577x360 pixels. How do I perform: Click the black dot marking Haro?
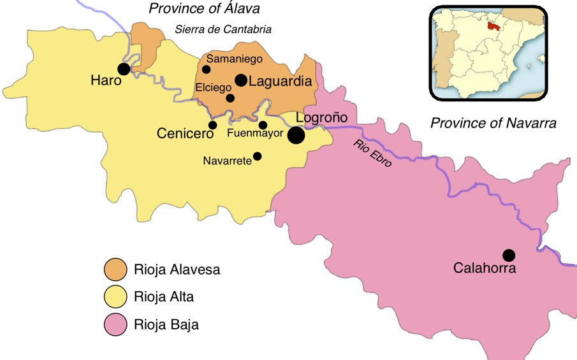(124, 68)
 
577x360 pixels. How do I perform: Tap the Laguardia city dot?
(240, 80)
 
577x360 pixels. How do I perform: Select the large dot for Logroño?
(296, 135)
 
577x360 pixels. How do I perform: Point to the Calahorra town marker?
(508, 255)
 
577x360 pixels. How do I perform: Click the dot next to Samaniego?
(206, 69)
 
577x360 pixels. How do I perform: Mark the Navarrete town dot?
(257, 156)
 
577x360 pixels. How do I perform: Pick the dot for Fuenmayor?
(263, 125)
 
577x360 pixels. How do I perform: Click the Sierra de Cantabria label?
(223, 29)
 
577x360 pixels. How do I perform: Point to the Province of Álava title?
(205, 9)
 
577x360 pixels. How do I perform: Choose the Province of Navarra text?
(493, 123)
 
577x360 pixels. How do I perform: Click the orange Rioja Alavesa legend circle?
(115, 270)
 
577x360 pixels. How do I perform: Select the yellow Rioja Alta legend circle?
(115, 297)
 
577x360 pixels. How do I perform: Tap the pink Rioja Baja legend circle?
(115, 324)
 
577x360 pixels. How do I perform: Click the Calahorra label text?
(485, 268)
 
